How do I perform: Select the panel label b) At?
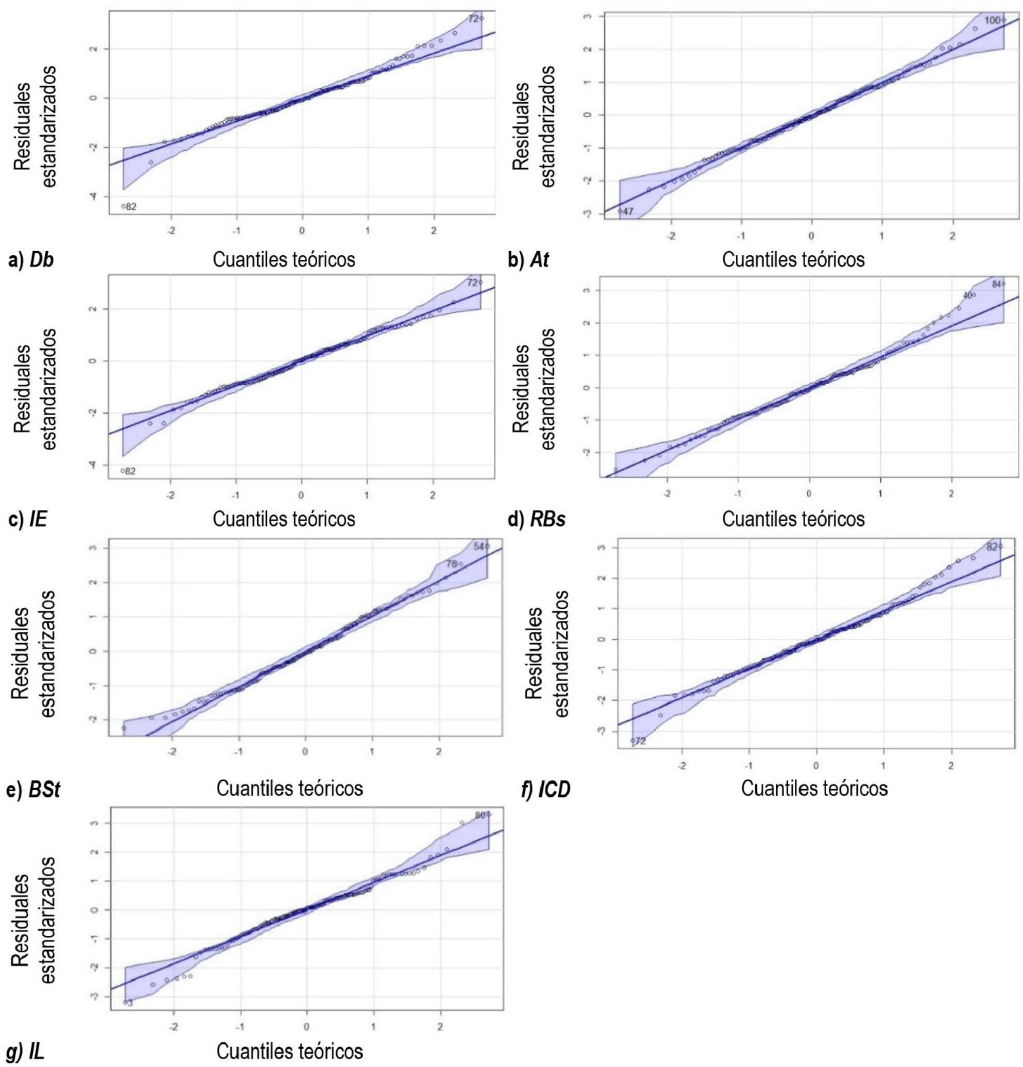pos(528,260)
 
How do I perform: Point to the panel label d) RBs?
pos(536,520)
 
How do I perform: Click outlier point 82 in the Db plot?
pos(123,206)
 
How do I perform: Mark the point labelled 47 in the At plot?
pos(620,211)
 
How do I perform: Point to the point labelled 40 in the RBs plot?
pos(974,295)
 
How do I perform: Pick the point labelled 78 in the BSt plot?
pos(461,564)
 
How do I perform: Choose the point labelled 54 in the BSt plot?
pos(488,546)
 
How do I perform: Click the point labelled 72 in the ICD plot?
pos(633,741)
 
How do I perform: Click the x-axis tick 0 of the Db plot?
pos(302,230)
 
